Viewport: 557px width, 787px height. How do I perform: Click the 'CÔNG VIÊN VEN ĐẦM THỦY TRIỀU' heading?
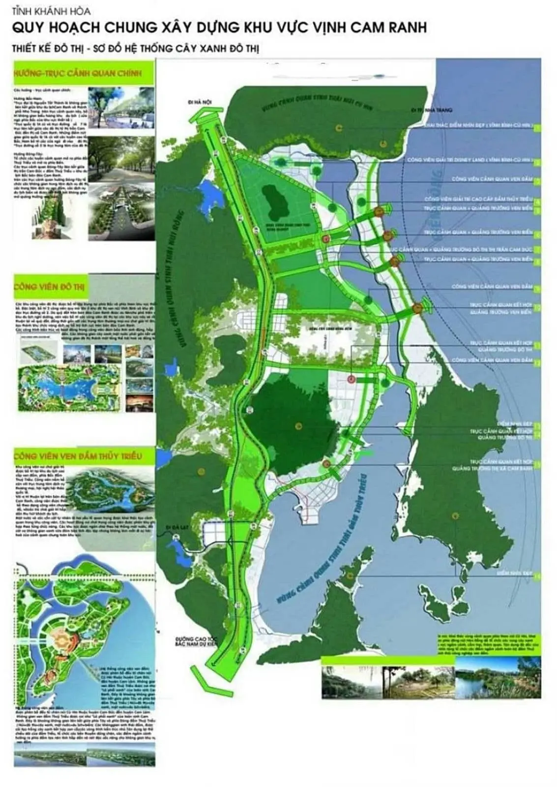79,456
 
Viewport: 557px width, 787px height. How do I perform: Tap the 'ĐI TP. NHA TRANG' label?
433,110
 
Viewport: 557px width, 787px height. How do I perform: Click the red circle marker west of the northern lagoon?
325,239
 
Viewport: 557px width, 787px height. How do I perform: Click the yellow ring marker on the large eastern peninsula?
455,515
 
